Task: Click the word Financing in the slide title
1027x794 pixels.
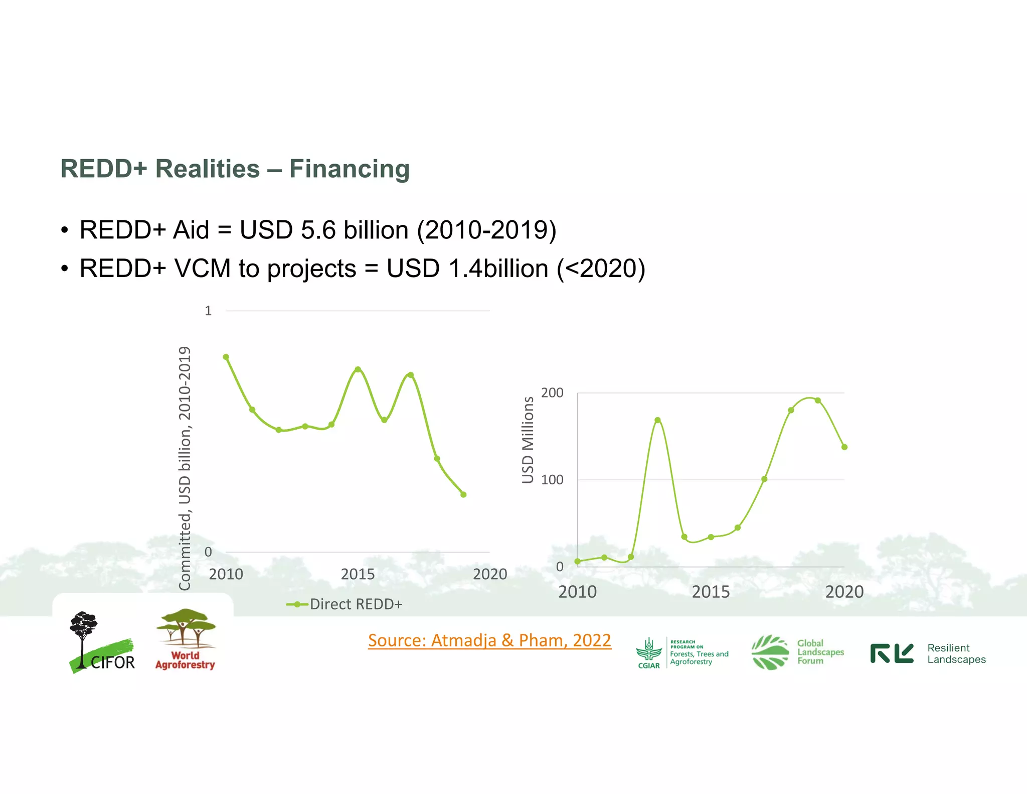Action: tap(350, 169)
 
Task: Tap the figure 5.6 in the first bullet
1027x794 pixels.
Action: tap(318, 230)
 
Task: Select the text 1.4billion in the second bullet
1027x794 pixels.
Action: tap(498, 269)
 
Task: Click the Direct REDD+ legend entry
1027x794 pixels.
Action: tap(356, 604)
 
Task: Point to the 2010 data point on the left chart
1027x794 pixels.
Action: tap(226, 357)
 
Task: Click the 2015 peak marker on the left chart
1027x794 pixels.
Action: tap(358, 369)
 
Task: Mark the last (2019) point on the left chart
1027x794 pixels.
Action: tap(463, 495)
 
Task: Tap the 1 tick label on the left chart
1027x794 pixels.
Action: tap(208, 311)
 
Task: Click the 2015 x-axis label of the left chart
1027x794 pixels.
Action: tap(358, 574)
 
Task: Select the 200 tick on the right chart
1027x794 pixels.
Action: tap(552, 393)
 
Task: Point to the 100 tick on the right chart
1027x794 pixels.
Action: tap(552, 480)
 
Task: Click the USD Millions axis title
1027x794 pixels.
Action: tap(528, 440)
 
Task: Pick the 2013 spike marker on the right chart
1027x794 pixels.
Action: tap(657, 420)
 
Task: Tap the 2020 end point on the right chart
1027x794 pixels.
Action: tap(844, 447)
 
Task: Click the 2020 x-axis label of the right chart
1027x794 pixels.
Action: tap(844, 592)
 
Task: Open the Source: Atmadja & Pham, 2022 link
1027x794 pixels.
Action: tap(489, 641)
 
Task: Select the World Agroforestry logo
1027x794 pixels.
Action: tap(185, 639)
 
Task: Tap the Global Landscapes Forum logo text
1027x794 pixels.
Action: tap(820, 652)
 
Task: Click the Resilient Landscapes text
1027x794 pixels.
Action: tap(956, 654)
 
